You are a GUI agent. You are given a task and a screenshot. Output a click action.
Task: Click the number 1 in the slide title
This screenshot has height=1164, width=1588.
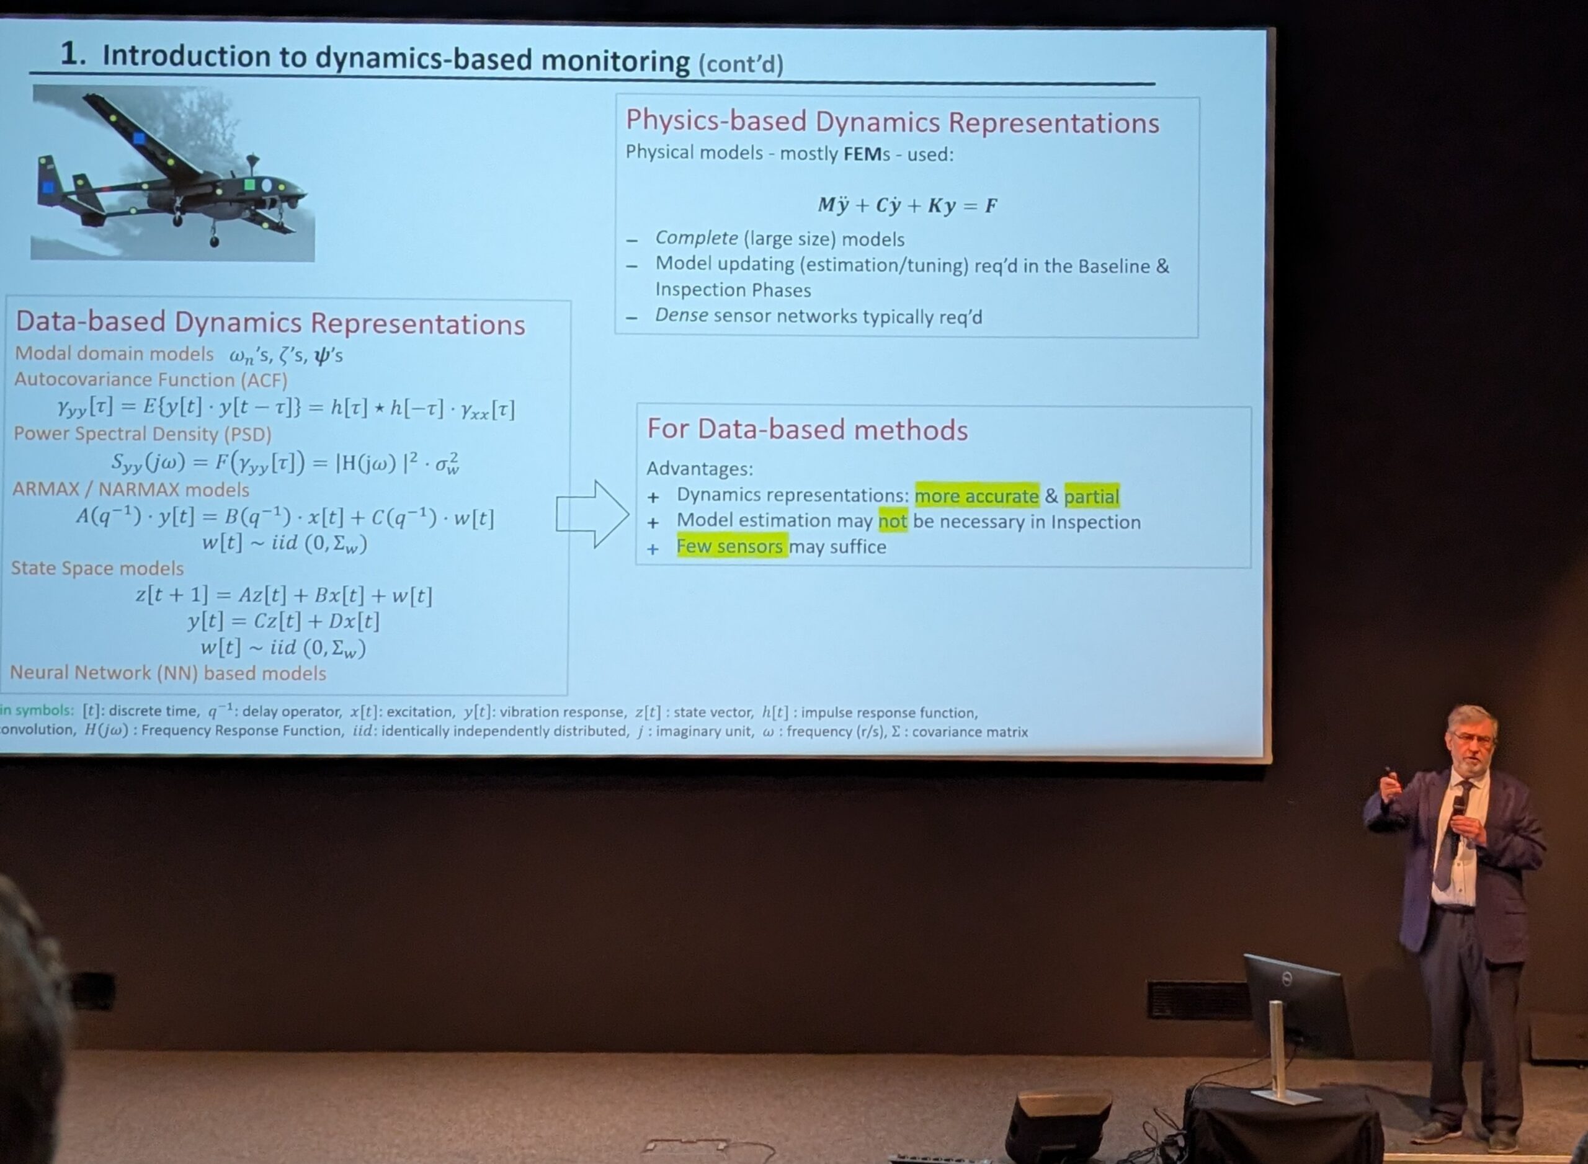[68, 53]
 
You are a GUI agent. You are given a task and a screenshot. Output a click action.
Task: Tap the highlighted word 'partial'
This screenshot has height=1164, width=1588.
[1092, 497]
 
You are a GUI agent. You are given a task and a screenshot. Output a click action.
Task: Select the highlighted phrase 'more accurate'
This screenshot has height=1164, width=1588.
[977, 496]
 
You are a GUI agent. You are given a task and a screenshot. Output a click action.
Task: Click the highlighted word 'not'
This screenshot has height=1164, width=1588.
[893, 522]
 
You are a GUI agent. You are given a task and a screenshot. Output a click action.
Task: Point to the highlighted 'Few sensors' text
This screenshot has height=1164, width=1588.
[729, 546]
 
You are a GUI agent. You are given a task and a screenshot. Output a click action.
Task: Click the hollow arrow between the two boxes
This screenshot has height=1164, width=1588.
[592, 514]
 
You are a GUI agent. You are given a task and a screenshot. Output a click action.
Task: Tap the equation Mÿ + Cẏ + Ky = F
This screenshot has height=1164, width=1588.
[907, 206]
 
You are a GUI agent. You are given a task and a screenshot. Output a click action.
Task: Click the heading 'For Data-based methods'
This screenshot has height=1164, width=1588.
[807, 429]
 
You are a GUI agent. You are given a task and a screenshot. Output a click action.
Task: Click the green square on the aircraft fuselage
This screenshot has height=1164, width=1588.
[249, 185]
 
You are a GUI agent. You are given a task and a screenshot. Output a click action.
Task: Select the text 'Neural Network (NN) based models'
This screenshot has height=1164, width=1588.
[167, 673]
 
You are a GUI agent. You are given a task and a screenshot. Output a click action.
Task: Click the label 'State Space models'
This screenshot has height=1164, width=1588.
[97, 568]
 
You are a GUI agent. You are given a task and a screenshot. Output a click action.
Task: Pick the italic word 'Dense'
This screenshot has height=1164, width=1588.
[681, 315]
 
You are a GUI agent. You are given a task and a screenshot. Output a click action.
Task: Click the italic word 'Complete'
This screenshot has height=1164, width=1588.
[697, 238]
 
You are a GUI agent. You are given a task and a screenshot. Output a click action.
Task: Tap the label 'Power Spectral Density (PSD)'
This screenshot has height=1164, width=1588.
[143, 434]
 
